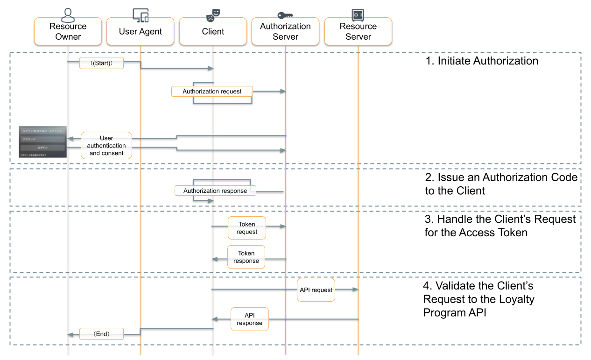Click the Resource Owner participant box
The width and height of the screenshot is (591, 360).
tap(68, 31)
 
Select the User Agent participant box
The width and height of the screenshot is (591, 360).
tap(140, 31)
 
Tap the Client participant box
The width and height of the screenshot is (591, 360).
tap(213, 31)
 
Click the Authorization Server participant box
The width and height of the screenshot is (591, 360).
tap(285, 31)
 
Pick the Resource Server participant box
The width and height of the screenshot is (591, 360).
tap(358, 31)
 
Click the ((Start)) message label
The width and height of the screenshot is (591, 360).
tap(101, 63)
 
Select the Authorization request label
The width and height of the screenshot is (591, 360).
tap(212, 92)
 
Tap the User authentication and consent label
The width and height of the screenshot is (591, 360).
tap(106, 146)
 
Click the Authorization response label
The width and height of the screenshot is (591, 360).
tap(215, 191)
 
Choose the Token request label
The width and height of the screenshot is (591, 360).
tap(247, 228)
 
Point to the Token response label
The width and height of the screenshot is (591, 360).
tap(246, 257)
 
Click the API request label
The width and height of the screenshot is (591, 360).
tap(316, 290)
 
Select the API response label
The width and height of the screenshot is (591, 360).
tap(249, 319)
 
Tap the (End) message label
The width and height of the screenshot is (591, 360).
tap(101, 334)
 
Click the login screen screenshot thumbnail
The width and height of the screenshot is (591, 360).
tap(42, 142)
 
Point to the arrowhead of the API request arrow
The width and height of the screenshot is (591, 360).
tap(355, 289)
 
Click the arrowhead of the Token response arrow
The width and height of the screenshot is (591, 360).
tap(214, 259)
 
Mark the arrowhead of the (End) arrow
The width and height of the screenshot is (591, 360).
tap(70, 334)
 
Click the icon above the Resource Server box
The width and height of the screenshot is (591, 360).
tap(358, 14)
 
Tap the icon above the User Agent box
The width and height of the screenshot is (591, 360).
tap(141, 14)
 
